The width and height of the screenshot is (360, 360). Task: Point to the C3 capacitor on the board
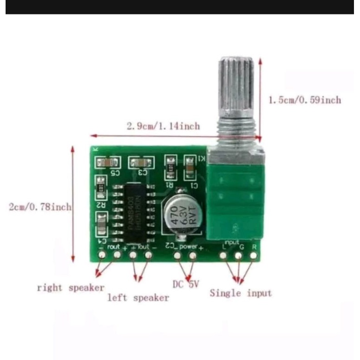[x=141, y=163]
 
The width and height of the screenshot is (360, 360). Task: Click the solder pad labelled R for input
[x=254, y=255]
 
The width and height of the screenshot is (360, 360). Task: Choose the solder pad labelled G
[x=239, y=255]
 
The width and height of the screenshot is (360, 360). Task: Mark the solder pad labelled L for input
[x=224, y=255]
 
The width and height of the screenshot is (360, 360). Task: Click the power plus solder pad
[x=192, y=255]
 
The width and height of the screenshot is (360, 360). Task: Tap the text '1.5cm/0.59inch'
[x=305, y=100]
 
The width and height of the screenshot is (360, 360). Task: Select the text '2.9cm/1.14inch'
[x=163, y=125]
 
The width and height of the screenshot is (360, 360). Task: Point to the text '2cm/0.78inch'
[x=40, y=207]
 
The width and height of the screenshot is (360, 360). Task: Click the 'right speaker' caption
[x=71, y=288]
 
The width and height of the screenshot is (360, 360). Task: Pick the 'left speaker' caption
[x=138, y=298]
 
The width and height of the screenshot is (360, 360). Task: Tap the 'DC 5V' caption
[x=186, y=284]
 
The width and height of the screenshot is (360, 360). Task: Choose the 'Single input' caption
[x=241, y=293]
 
